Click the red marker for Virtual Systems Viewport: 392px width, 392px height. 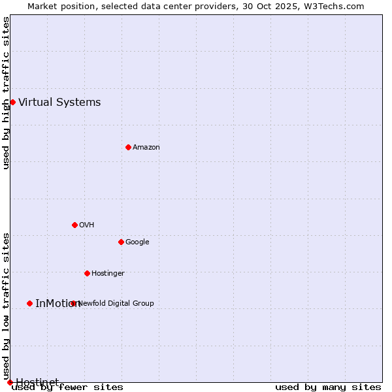pos(12,102)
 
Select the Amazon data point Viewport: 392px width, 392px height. pos(128,147)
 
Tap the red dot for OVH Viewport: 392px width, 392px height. pos(74,225)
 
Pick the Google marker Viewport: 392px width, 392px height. pos(121,242)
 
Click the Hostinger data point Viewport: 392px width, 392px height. pos(87,273)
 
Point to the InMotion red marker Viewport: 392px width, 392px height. pos(29,303)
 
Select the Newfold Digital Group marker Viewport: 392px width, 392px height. pos(73,303)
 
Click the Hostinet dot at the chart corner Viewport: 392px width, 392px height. pos(10,382)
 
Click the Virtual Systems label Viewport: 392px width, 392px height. pos(59,102)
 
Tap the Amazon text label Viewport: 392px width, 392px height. pos(146,147)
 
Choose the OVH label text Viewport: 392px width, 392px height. pos(87,225)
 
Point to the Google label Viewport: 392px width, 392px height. pos(137,242)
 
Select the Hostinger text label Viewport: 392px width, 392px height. pos(108,273)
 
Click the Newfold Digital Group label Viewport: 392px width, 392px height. pos(116,303)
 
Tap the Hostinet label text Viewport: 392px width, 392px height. pos(37,382)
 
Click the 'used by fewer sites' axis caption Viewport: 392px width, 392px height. pos(67,387)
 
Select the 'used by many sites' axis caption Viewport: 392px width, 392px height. pos(328,387)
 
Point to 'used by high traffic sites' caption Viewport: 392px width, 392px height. pos(7,93)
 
